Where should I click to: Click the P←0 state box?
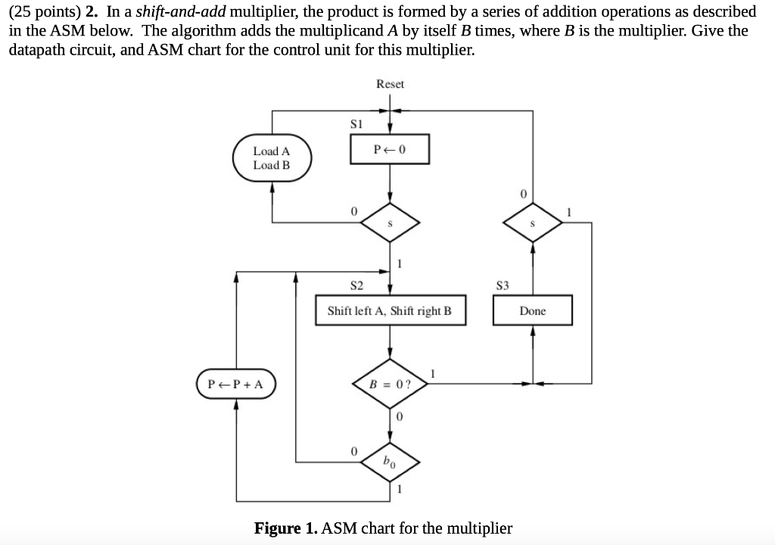(390, 149)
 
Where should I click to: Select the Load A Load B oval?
(272, 158)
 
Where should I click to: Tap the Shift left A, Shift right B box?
(389, 310)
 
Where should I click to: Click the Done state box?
(532, 311)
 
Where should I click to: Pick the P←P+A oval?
(236, 384)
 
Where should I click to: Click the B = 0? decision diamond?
(390, 384)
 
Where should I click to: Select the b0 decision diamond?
(390, 459)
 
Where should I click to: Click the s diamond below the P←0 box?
(390, 224)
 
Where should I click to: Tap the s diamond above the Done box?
(532, 224)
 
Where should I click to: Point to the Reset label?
(390, 84)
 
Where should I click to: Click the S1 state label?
(356, 122)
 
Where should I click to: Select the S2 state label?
(356, 285)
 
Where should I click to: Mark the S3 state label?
(502, 285)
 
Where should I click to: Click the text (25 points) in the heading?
(40, 12)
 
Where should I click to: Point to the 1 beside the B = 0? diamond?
(433, 372)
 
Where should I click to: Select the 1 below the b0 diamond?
(400, 488)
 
